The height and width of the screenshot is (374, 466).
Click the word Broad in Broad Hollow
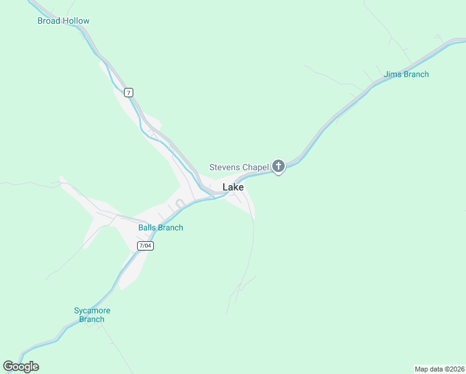[49, 21]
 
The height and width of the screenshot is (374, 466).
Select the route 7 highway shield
[128, 92]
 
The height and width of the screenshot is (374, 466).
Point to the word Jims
[393, 74]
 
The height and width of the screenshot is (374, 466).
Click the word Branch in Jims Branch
[417, 74]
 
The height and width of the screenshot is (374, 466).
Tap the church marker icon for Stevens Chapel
[278, 166]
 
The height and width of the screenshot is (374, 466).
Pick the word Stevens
[224, 167]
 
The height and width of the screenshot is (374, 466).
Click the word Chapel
[255, 167]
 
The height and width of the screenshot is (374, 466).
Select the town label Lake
[233, 187]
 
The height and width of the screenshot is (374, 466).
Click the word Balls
[148, 228]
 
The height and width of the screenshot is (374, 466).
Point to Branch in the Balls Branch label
[171, 228]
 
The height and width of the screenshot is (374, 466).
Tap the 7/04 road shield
[145, 246]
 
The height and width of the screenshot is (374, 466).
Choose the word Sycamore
[92, 310]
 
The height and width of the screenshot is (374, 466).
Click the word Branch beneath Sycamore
[92, 319]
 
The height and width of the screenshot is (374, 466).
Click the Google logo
[21, 367]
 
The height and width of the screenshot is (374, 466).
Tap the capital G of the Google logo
[8, 367]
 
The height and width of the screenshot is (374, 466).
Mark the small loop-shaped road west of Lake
[180, 203]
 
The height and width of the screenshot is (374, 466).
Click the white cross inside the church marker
[278, 166]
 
